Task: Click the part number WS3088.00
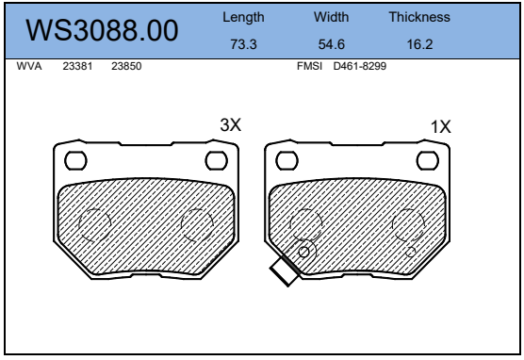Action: pos(102,30)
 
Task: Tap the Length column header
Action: pos(243,17)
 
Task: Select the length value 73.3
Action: pos(243,44)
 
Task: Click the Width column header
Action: pos(331,17)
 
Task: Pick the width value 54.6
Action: pos(331,44)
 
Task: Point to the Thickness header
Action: pos(419,17)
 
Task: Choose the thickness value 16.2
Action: pos(419,44)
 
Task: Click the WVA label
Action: pos(29,66)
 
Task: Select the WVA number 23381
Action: pos(77,66)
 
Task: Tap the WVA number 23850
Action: pos(126,66)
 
